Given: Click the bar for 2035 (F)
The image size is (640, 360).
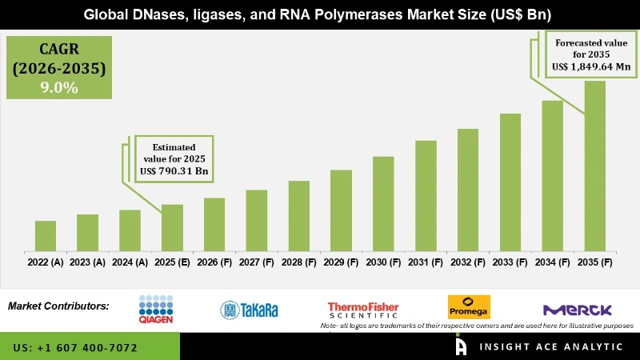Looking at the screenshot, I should (x=594, y=166).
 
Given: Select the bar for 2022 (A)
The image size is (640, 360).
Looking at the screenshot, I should (x=46, y=235).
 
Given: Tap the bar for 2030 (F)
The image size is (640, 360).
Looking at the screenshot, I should (x=383, y=203).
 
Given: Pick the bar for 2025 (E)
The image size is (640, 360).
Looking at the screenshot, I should (x=172, y=227).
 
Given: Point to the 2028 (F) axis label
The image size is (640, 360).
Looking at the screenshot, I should (x=298, y=262).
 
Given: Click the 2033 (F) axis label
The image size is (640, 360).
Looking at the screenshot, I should (x=510, y=262).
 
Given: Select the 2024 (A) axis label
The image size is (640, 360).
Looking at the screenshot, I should (x=130, y=262).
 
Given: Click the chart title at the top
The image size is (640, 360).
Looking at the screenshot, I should (x=319, y=15).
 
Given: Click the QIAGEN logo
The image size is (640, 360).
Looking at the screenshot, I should (x=156, y=307).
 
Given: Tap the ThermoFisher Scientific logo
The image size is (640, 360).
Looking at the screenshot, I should (x=363, y=309).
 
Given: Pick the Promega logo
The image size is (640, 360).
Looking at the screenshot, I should (x=469, y=307).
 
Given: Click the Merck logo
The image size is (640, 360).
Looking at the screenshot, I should (x=577, y=310).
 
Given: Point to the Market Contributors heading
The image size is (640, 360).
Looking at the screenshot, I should (x=58, y=306).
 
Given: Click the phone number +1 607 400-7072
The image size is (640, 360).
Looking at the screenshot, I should (x=75, y=348).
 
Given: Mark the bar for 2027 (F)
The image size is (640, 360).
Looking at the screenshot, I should (x=256, y=220).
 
